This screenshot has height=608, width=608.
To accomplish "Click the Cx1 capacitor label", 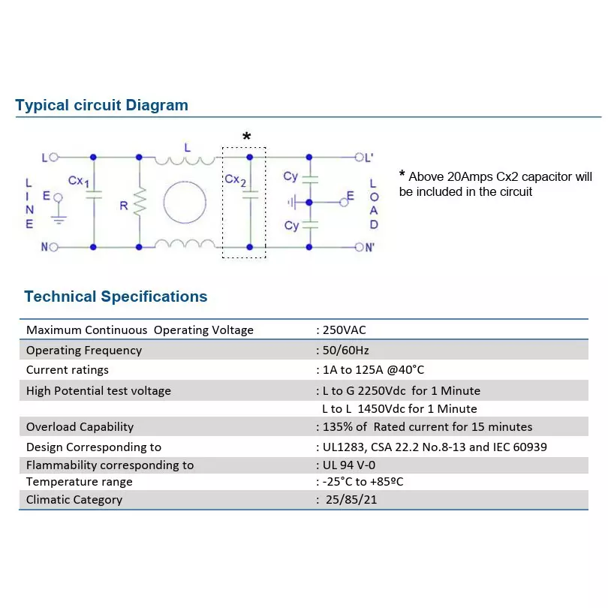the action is pos(79,181).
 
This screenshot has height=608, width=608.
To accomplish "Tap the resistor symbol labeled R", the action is pos(140,202).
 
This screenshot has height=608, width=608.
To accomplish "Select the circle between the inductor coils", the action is pos(185,202).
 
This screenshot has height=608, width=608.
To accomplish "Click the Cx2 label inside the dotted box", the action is pos(236,180).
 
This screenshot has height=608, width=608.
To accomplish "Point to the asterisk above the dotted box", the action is pos(247,136).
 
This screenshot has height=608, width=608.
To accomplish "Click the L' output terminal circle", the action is pos(359,157).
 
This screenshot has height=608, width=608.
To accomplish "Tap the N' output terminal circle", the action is pos(359,247).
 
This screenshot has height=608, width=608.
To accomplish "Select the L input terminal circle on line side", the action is pos(54,157).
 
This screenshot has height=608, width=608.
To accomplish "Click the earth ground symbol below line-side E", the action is pos(59,220).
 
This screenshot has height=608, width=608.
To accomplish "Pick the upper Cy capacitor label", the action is pos(290,176).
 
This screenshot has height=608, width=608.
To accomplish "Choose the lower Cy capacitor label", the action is pos(291,226).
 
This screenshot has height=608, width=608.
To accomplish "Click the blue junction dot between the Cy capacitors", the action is pos(309,203).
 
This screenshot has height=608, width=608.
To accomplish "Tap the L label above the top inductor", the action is pos(188,148).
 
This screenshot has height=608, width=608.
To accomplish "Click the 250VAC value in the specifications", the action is pos(345,330).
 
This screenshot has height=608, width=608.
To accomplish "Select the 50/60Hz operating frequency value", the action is pos(345,350).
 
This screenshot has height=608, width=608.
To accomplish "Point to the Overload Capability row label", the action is pos(80,427).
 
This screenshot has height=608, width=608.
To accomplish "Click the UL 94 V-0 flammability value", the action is pos(349,465).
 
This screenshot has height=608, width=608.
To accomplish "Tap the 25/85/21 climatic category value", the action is pos(351,499).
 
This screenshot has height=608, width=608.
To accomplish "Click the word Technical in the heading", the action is pos(60,296).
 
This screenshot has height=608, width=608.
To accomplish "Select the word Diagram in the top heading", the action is pos(157,106).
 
